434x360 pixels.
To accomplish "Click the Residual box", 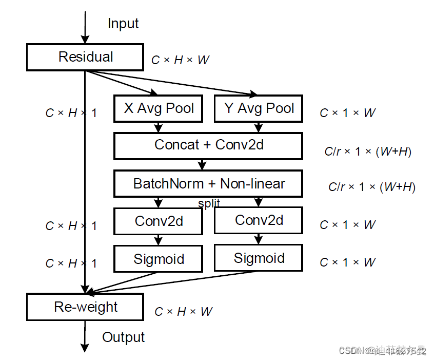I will click(x=85, y=57).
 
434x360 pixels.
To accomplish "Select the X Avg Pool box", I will click(x=159, y=108).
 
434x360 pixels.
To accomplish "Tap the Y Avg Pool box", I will click(x=259, y=108).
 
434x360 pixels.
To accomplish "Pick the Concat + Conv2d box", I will click(x=208, y=145).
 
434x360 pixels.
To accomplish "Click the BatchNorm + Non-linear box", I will click(x=208, y=184).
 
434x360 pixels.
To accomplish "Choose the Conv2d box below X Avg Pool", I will click(x=159, y=221).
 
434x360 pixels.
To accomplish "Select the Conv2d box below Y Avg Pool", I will click(x=259, y=220).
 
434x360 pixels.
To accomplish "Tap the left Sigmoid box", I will click(x=159, y=259).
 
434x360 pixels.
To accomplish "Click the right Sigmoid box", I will click(x=259, y=258).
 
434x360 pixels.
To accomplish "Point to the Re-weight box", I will click(x=85, y=307).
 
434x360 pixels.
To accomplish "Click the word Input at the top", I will click(x=123, y=24).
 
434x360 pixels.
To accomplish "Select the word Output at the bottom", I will click(x=123, y=337).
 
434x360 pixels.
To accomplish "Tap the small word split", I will click(x=209, y=203).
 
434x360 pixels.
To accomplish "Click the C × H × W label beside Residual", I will click(x=180, y=60).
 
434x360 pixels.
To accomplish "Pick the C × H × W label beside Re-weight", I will click(x=183, y=312).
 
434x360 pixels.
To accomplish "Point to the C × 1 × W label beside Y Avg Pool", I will click(x=347, y=113).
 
